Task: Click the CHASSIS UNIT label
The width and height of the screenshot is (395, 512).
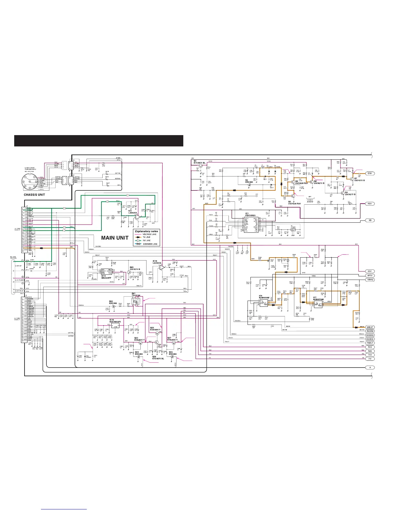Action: [x=34, y=195]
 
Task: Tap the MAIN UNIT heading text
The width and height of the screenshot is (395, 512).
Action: [x=115, y=238]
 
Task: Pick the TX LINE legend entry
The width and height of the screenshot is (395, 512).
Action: [x=147, y=237]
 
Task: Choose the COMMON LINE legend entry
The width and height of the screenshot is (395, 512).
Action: [x=150, y=244]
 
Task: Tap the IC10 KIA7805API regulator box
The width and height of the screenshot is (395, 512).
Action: [x=115, y=327]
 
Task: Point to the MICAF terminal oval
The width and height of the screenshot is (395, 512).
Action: [x=370, y=327]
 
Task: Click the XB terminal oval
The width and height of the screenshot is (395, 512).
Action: [x=370, y=220]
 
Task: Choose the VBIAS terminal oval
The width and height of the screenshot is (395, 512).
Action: [x=370, y=280]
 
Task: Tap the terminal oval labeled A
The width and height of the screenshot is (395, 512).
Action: [x=370, y=368]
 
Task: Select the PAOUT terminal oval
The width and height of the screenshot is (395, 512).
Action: [x=370, y=343]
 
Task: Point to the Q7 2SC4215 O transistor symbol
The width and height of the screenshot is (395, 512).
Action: [x=350, y=178]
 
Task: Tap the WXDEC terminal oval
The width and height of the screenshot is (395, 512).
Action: [x=370, y=335]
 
